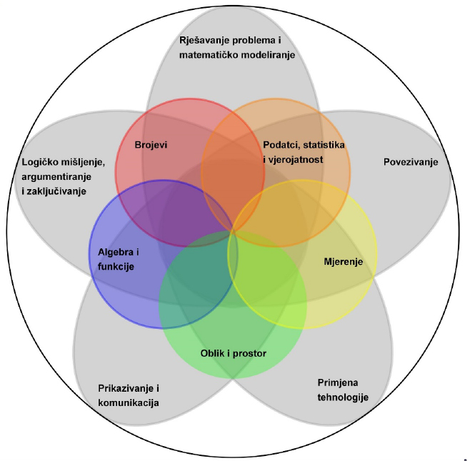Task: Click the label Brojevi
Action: click(151, 145)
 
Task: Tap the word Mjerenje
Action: click(343, 262)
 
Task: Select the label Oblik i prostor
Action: click(233, 352)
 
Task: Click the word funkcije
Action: click(116, 266)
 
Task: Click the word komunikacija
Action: click(129, 402)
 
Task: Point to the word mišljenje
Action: click(79, 163)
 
